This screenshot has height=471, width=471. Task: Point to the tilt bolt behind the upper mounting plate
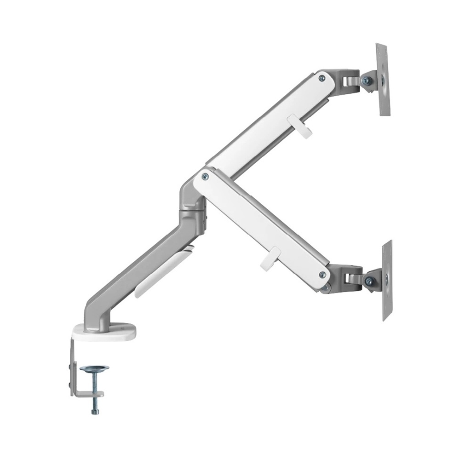(366, 81)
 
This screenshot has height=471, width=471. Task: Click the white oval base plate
(105, 332)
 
